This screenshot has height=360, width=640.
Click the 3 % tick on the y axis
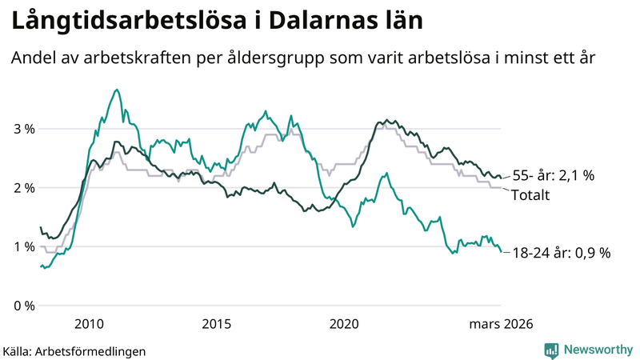tap(23, 129)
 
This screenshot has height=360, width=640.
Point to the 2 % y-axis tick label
tap(23, 188)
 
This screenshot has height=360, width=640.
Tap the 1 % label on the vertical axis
tap(23, 247)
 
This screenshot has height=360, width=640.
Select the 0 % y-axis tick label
tap(23, 306)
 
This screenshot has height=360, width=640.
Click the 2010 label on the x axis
tap(89, 324)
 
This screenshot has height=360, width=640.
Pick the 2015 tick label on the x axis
tap(217, 324)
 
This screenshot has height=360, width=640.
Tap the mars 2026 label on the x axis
tap(501, 324)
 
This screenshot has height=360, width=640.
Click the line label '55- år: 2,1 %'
tap(554, 175)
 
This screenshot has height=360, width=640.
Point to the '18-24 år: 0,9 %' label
tap(562, 253)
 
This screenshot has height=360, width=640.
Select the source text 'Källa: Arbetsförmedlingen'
tap(74, 350)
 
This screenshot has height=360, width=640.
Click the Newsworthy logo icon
tap(551, 350)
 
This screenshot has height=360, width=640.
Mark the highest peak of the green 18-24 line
tap(118, 90)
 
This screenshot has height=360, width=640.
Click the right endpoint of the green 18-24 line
tap(502, 252)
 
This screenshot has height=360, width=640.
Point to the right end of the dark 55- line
tap(502, 178)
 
